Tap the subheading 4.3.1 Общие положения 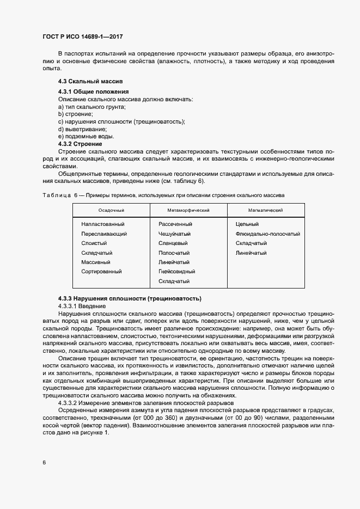[93, 91]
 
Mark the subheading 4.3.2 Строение [80, 144]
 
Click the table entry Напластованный [103, 224]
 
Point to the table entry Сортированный [101, 271]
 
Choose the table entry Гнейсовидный [176, 271]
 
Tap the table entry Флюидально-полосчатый [268, 234]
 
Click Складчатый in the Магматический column [251, 243]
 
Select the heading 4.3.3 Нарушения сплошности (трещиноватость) [130, 298]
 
